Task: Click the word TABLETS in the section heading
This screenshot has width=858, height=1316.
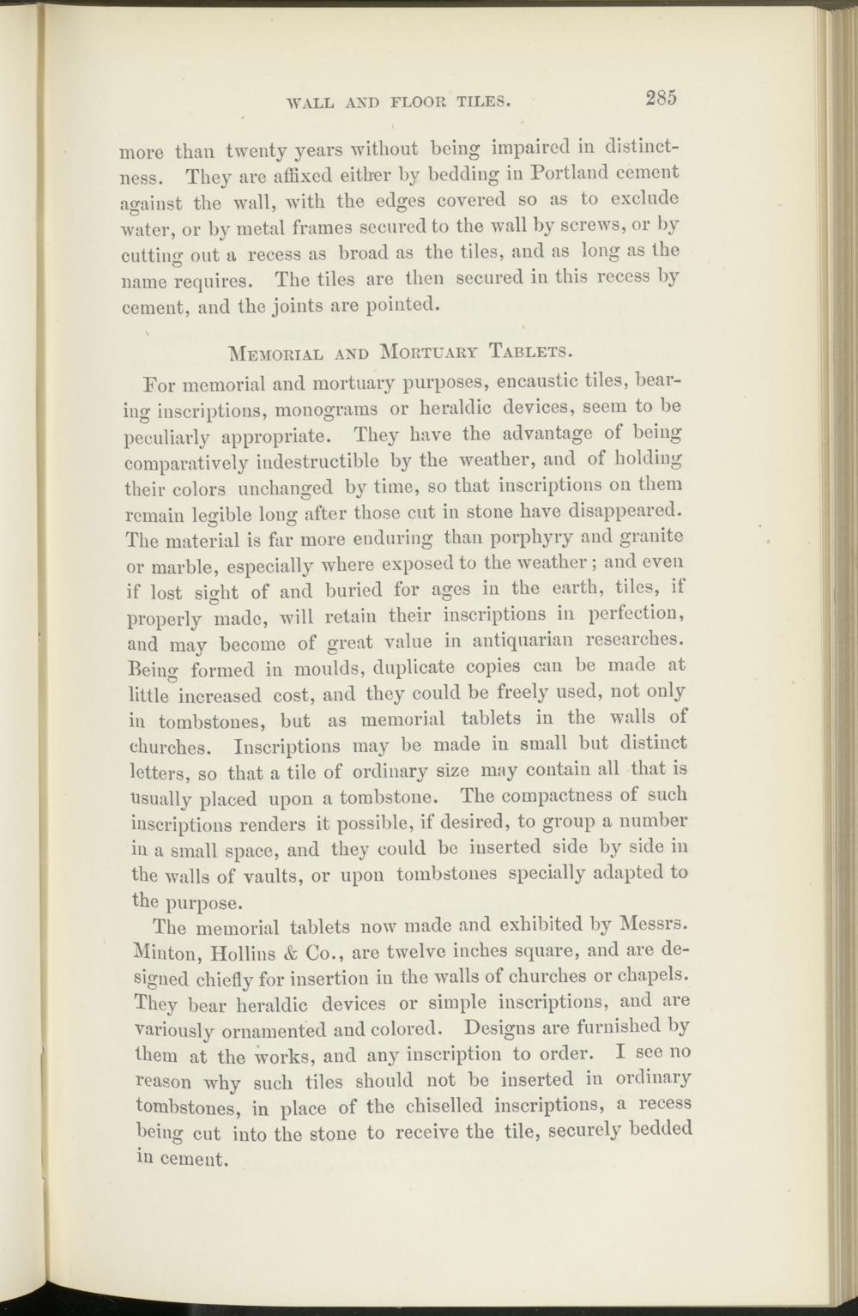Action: point(529,350)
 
